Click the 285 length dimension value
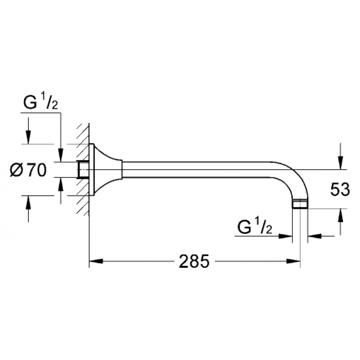tap(194, 261)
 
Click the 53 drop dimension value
tap(340, 190)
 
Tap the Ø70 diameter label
tap(28, 170)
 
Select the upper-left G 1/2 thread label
tap(41, 102)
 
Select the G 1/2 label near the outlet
tap(255, 226)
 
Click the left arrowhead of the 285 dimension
tap(96, 261)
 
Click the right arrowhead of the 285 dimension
tap(294, 261)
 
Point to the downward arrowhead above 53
tap(340, 163)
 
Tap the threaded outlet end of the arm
tap(300, 204)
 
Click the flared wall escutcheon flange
tap(105, 170)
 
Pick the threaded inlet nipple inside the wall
tap(83, 169)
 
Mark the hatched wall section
tap(83, 170)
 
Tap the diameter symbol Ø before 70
tap(16, 170)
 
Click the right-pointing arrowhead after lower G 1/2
tap(285, 236)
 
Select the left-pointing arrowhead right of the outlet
tap(314, 236)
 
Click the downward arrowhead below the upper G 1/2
tap(61, 155)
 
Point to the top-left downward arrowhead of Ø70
tap(28, 137)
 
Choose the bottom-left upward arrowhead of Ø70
tap(28, 203)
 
